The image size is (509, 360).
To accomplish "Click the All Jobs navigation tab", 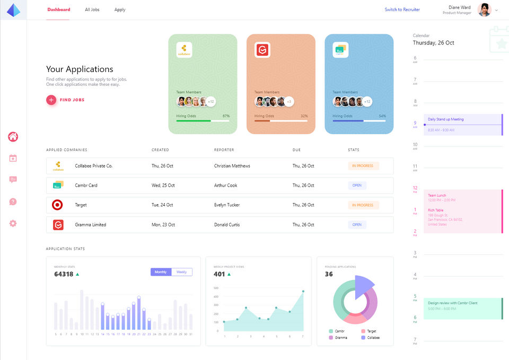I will coord(92,10).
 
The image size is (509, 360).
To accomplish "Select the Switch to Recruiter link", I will coord(402,10).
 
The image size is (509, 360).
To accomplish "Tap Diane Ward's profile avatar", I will coord(484,10).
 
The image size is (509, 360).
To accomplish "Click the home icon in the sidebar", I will coord(13,137).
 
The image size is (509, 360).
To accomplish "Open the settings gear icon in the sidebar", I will coord(13,223).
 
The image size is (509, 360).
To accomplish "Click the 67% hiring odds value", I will coord(226,116).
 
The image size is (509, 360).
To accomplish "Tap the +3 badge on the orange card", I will coord(289,101).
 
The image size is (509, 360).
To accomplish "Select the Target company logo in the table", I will coord(58,205).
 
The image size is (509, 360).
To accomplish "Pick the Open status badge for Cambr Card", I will coord(357,186).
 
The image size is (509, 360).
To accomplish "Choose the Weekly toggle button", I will coord(181,272).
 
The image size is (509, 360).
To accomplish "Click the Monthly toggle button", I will coord(161,272).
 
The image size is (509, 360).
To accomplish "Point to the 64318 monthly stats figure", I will coord(64,274).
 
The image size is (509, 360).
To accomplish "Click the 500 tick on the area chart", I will coord(216,288).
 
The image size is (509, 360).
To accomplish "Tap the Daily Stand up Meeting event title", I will coord(445,119).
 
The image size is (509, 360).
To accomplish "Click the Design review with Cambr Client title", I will coord(452,303).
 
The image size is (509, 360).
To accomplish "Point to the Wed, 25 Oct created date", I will coord(163,186).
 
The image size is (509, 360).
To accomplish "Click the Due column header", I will coord(296,150).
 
